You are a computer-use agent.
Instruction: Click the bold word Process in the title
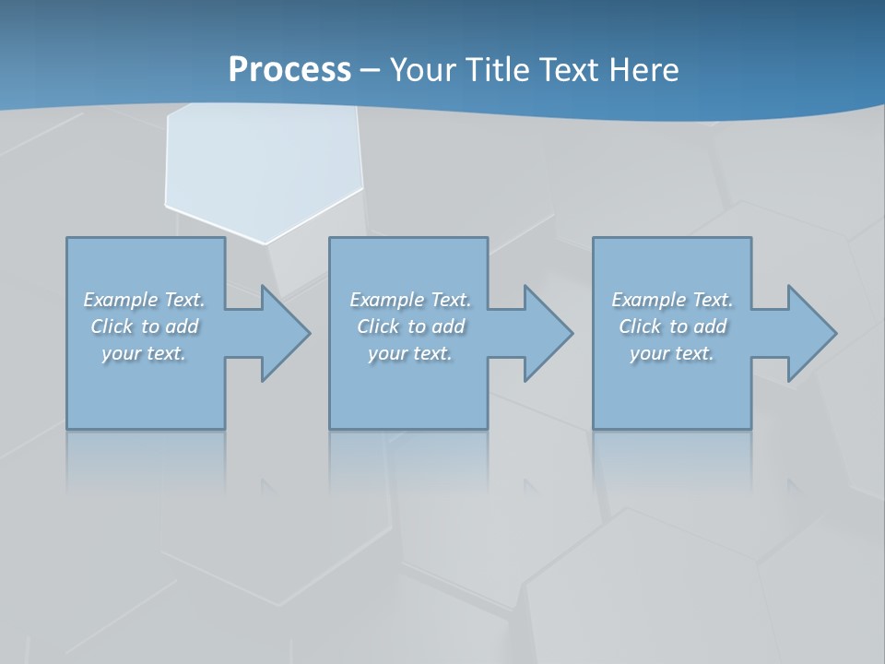click(289, 70)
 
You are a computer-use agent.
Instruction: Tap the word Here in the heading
click(644, 70)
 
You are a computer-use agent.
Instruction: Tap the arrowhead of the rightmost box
click(810, 333)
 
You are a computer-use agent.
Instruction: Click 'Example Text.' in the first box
click(144, 300)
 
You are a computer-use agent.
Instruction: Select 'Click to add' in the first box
click(144, 326)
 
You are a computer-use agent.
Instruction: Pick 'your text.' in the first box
click(144, 353)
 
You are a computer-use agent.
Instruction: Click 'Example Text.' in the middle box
click(410, 300)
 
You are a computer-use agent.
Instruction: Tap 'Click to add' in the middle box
click(410, 326)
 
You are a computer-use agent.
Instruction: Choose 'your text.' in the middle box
click(410, 353)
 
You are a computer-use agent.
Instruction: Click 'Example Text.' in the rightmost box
click(672, 300)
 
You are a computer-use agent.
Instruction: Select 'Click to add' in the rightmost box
click(672, 326)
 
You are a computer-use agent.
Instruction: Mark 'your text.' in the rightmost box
click(672, 353)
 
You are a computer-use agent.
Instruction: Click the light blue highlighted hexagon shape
click(263, 166)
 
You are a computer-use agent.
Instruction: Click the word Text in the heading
click(568, 70)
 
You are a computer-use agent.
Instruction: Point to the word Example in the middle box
click(386, 300)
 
